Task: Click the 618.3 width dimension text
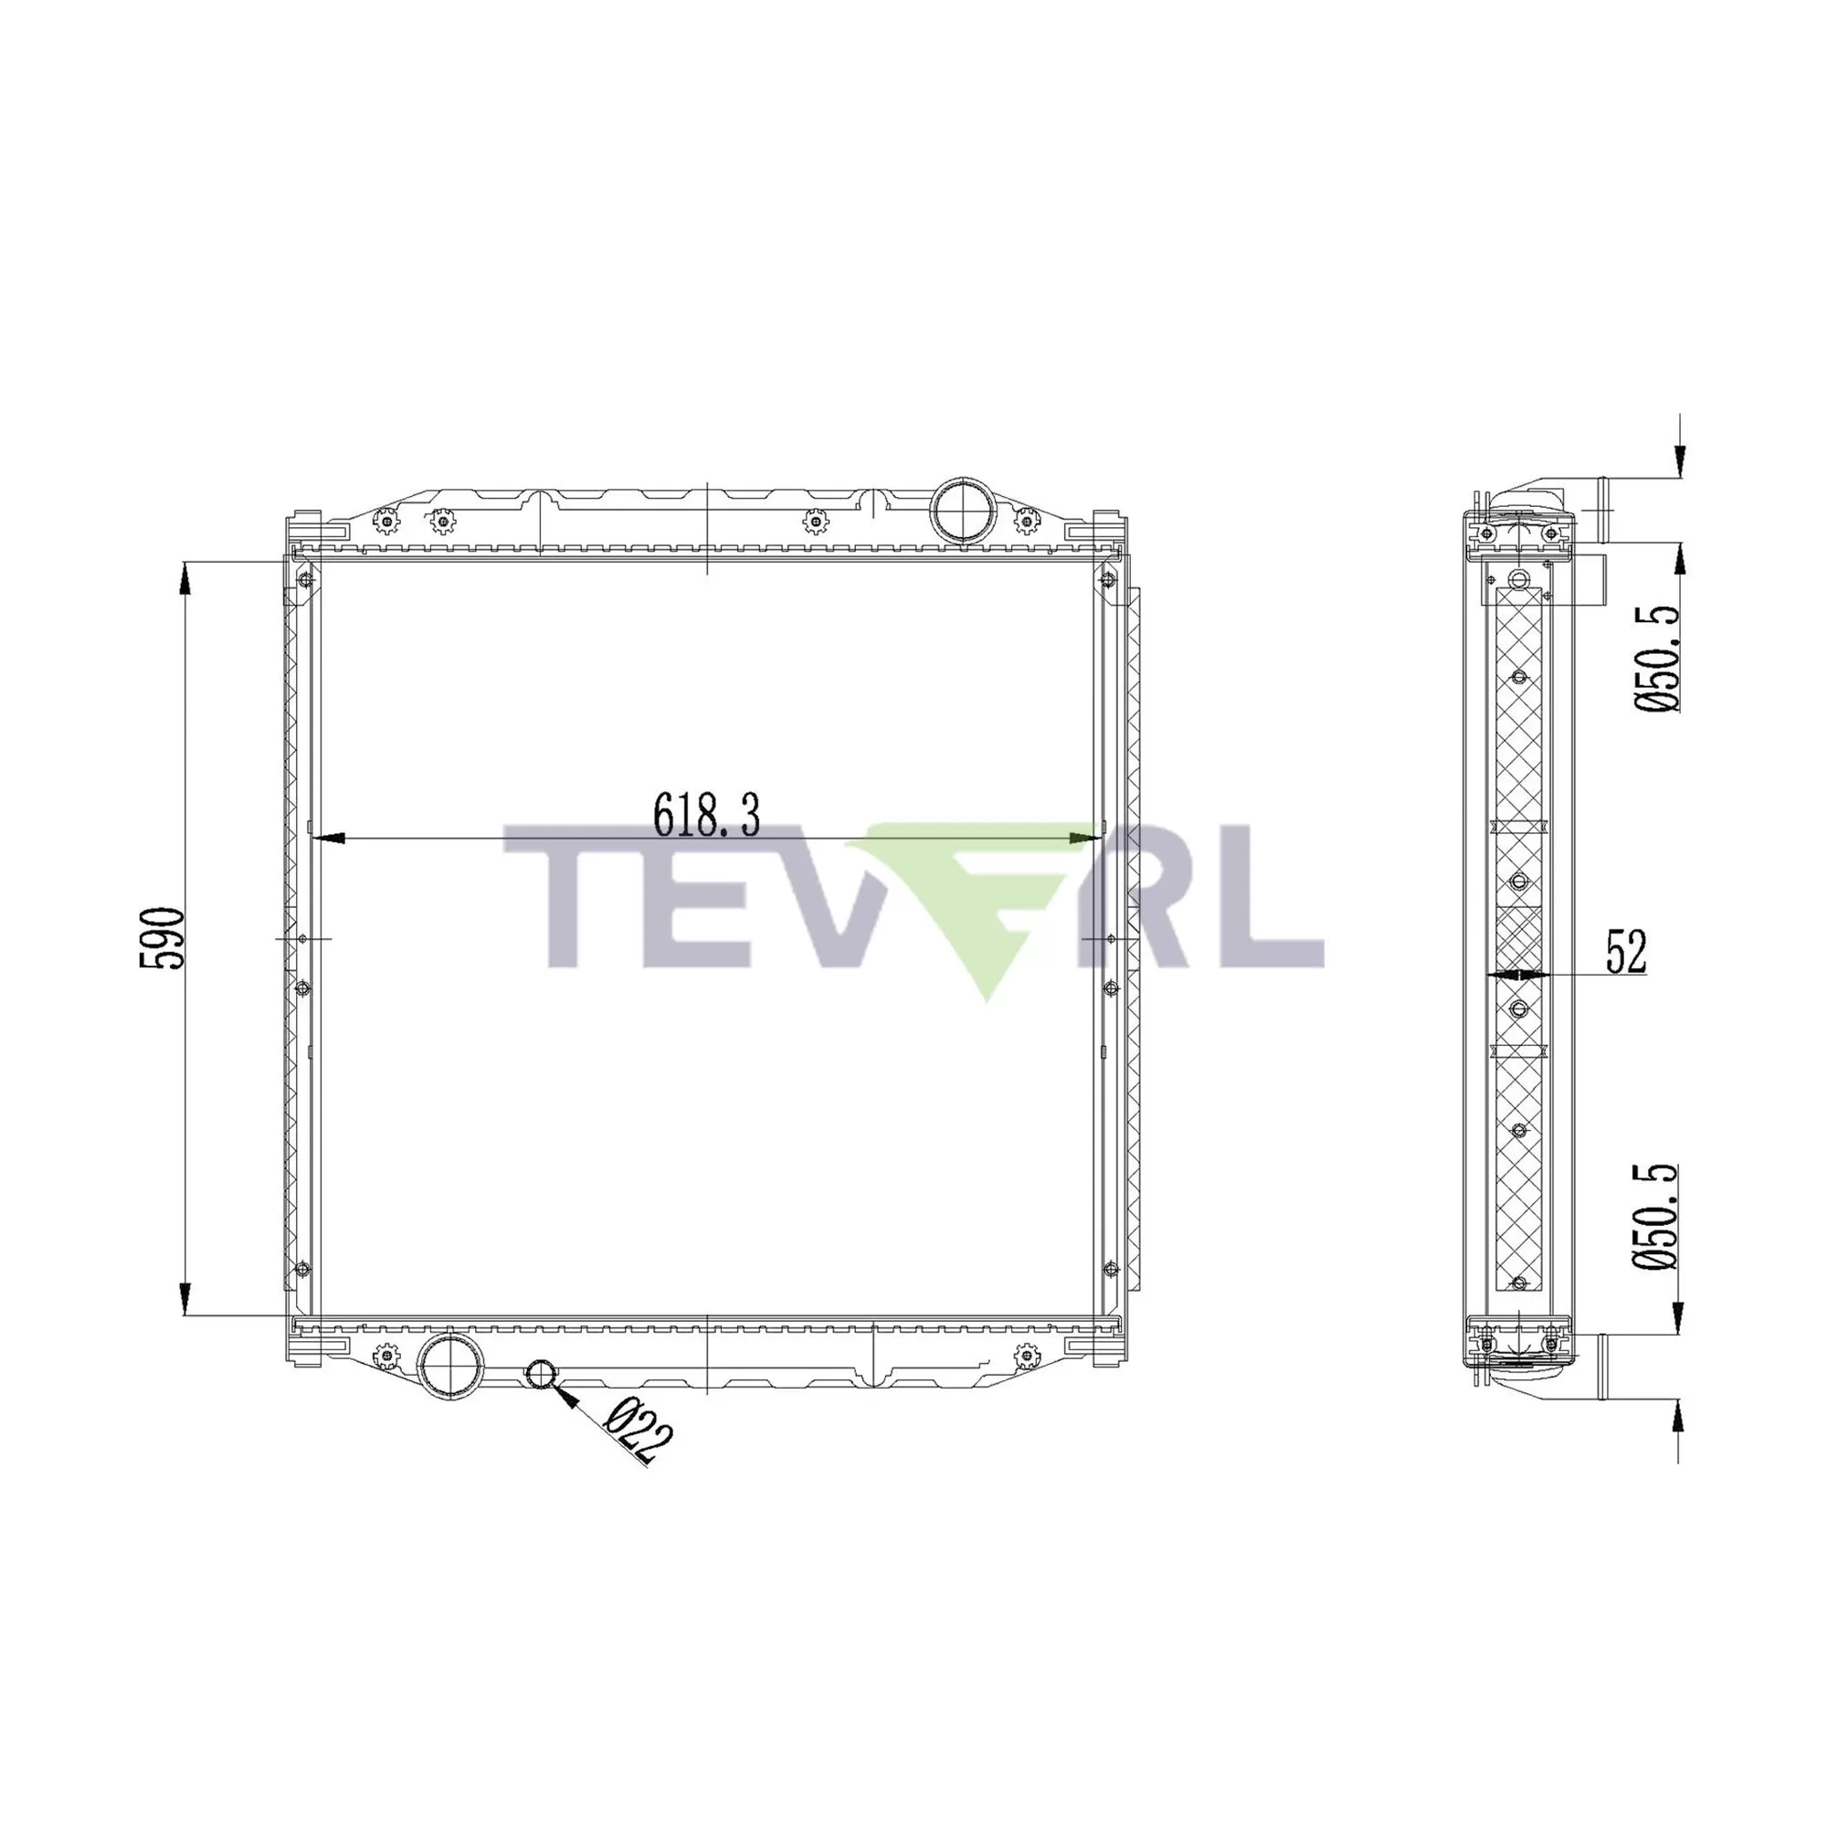[706, 814]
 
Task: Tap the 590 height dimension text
[161, 937]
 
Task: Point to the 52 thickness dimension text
[1626, 952]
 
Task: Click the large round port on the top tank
[962, 510]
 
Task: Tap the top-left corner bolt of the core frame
[303, 580]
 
